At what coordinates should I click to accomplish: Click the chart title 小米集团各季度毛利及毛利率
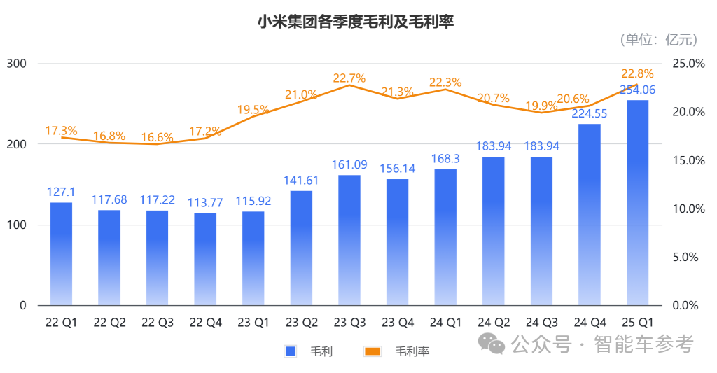[356, 22]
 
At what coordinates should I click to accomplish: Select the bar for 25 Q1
[637, 203]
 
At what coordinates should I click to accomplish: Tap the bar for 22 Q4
[205, 259]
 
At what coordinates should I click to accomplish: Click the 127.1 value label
[61, 192]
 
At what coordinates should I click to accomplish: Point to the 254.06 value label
[637, 90]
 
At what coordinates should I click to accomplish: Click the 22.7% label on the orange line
[349, 78]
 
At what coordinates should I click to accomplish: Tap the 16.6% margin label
[157, 138]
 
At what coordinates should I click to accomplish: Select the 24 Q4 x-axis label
[590, 323]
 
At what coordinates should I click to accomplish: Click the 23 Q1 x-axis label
[253, 323]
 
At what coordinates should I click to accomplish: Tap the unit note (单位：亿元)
[659, 40]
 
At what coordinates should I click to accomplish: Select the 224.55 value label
[590, 113]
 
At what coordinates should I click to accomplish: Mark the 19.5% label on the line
[253, 109]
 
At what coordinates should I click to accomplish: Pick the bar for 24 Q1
[445, 237]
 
